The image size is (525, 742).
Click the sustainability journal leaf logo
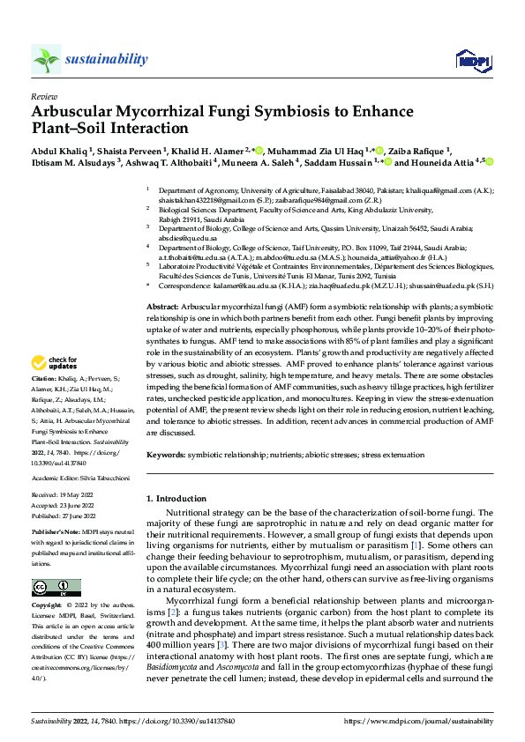click(x=46, y=59)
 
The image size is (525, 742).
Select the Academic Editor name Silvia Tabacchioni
click(x=105, y=477)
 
